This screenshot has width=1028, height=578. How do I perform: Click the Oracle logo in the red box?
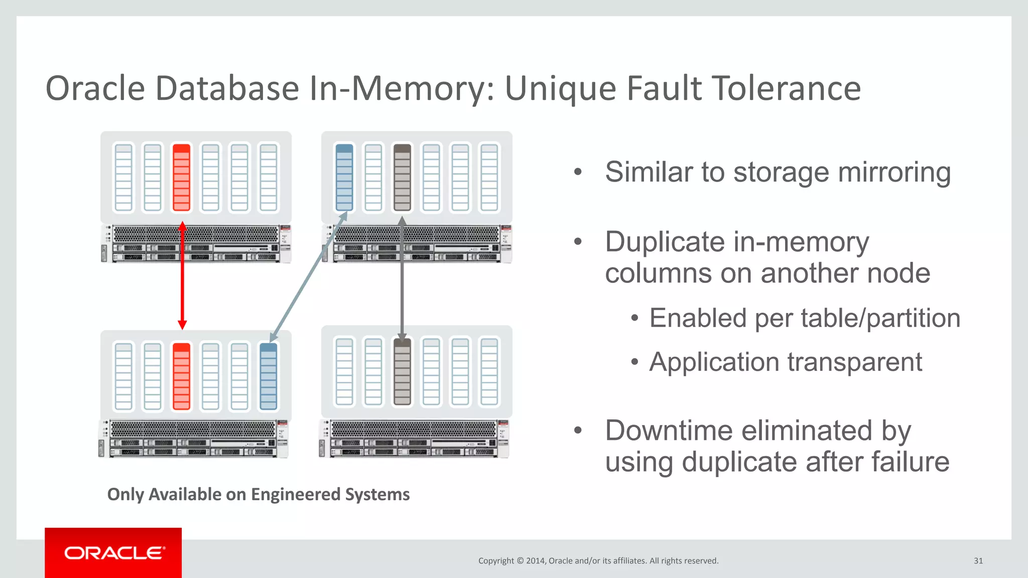[114, 553]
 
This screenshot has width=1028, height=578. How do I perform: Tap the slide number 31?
[978, 561]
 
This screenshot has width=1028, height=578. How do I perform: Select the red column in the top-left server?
[181, 177]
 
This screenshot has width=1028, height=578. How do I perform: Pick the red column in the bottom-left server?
[181, 376]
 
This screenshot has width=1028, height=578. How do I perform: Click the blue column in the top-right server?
[344, 177]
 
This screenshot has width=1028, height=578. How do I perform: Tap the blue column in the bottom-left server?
[269, 376]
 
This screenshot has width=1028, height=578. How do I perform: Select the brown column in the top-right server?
[402, 177]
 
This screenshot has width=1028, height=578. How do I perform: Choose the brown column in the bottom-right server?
[402, 372]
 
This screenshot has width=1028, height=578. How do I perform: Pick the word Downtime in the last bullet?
[670, 430]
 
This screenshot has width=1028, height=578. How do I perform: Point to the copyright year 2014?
[536, 561]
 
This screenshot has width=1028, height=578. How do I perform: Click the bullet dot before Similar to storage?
[578, 172]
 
